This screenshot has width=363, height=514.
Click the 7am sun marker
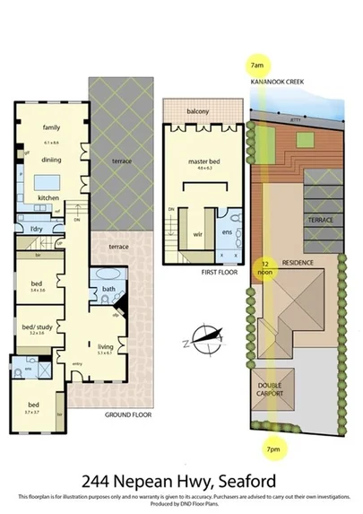click(257, 65)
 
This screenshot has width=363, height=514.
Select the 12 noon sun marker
click(265, 268)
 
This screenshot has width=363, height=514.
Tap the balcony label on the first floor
click(198, 111)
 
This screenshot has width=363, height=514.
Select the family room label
click(51, 128)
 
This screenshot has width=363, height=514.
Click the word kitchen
click(48, 196)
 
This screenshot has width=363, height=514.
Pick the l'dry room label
click(38, 230)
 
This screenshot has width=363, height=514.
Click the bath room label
click(108, 289)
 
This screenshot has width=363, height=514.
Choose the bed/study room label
click(37, 327)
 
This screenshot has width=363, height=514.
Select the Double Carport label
click(270, 389)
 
